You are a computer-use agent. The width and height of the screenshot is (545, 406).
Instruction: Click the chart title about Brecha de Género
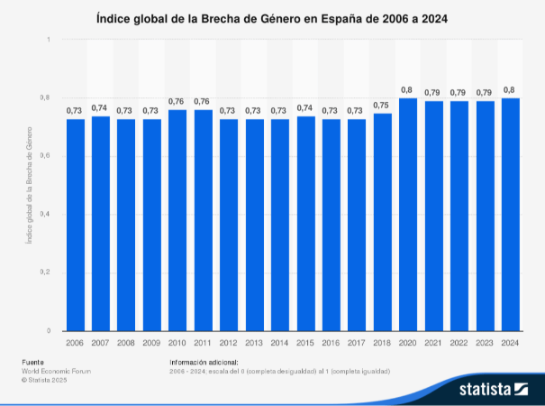pyautogui.click(x=272, y=18)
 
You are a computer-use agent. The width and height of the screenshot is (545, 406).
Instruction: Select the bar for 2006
pyautogui.click(x=75, y=226)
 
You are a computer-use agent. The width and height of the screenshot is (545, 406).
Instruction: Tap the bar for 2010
pyautogui.click(x=177, y=221)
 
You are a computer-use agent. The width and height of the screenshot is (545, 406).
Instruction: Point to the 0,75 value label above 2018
pyautogui.click(x=382, y=105)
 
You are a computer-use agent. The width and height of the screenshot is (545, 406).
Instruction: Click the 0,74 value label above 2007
pyautogui.click(x=101, y=107)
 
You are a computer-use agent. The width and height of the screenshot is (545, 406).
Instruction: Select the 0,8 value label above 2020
pyautogui.click(x=407, y=89)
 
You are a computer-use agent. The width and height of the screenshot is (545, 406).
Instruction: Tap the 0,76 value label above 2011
pyautogui.click(x=203, y=101)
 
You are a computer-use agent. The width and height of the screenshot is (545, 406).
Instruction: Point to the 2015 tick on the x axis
pyautogui.click(x=305, y=343)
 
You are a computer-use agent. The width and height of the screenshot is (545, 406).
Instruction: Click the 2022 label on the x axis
pyautogui.click(x=459, y=343)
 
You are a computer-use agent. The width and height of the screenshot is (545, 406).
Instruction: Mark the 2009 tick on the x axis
pyautogui.click(x=152, y=343)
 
